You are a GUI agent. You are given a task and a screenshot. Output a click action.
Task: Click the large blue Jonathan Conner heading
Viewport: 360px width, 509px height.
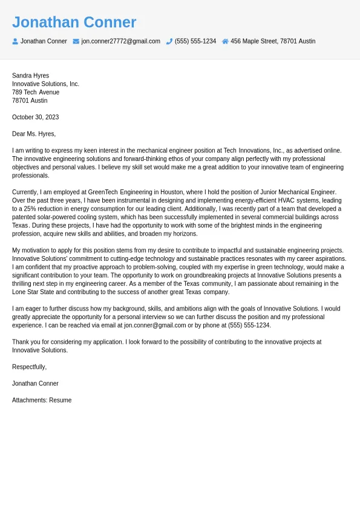(x=74, y=22)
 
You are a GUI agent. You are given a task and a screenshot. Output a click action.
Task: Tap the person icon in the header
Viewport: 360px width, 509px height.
(x=15, y=41)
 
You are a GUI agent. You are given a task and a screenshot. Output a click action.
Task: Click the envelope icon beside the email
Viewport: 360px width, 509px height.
(x=76, y=41)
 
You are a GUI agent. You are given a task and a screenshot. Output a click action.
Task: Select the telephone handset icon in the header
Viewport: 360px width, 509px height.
(x=169, y=41)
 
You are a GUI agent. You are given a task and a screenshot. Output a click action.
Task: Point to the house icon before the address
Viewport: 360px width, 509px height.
(x=225, y=41)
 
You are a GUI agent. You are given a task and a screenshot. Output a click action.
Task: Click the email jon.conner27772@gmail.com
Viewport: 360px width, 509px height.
(x=120, y=41)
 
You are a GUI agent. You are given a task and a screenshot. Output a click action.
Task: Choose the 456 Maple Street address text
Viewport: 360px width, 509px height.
(x=272, y=41)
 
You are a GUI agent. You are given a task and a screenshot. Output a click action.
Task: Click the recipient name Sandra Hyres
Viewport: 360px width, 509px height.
(x=30, y=76)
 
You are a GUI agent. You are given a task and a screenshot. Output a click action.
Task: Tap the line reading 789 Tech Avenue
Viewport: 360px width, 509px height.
(x=36, y=92)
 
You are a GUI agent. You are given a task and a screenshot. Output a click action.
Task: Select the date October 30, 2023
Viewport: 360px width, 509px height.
(x=35, y=117)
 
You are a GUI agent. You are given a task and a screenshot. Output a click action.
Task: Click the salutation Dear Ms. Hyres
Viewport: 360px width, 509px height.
(x=33, y=134)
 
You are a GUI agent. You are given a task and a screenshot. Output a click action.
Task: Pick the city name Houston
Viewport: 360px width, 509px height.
(x=171, y=192)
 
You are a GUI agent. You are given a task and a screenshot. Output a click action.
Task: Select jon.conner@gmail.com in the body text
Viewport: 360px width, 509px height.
(x=155, y=325)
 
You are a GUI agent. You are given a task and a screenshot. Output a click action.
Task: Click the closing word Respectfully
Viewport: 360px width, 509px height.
(x=29, y=367)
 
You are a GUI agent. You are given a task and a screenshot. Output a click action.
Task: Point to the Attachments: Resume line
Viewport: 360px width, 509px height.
(x=42, y=400)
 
